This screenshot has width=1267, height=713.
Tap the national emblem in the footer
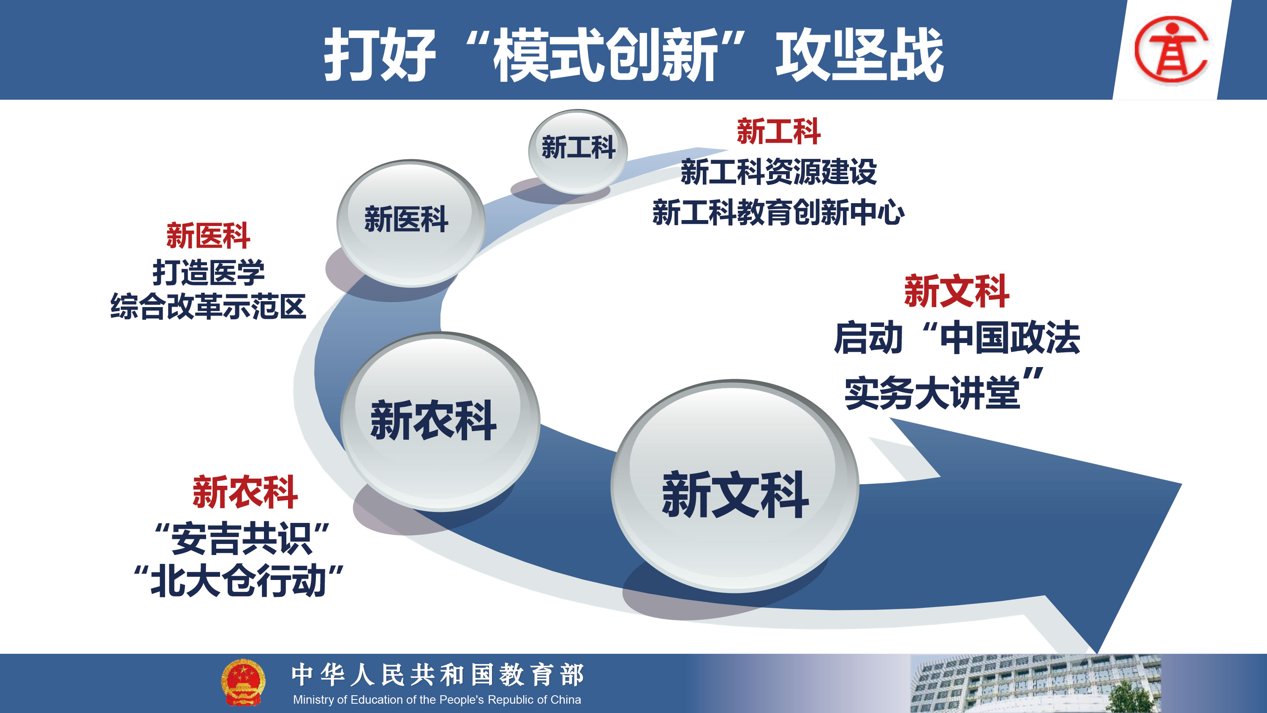243,683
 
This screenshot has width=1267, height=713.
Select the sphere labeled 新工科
578,152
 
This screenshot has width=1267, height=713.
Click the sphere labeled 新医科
411,223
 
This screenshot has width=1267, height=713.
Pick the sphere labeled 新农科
440,422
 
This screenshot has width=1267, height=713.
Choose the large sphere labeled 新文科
735,486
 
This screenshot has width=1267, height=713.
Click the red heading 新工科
778,131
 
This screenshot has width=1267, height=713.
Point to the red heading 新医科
208,236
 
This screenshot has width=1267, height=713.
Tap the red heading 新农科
245,492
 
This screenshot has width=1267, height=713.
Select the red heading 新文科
957,291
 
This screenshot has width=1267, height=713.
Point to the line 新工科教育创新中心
778,212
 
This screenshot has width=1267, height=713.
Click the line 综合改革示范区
208,307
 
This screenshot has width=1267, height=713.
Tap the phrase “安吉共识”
242,538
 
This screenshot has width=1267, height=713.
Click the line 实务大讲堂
932,393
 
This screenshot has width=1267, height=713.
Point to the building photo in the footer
1035,683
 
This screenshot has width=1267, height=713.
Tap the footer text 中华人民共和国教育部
438,675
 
